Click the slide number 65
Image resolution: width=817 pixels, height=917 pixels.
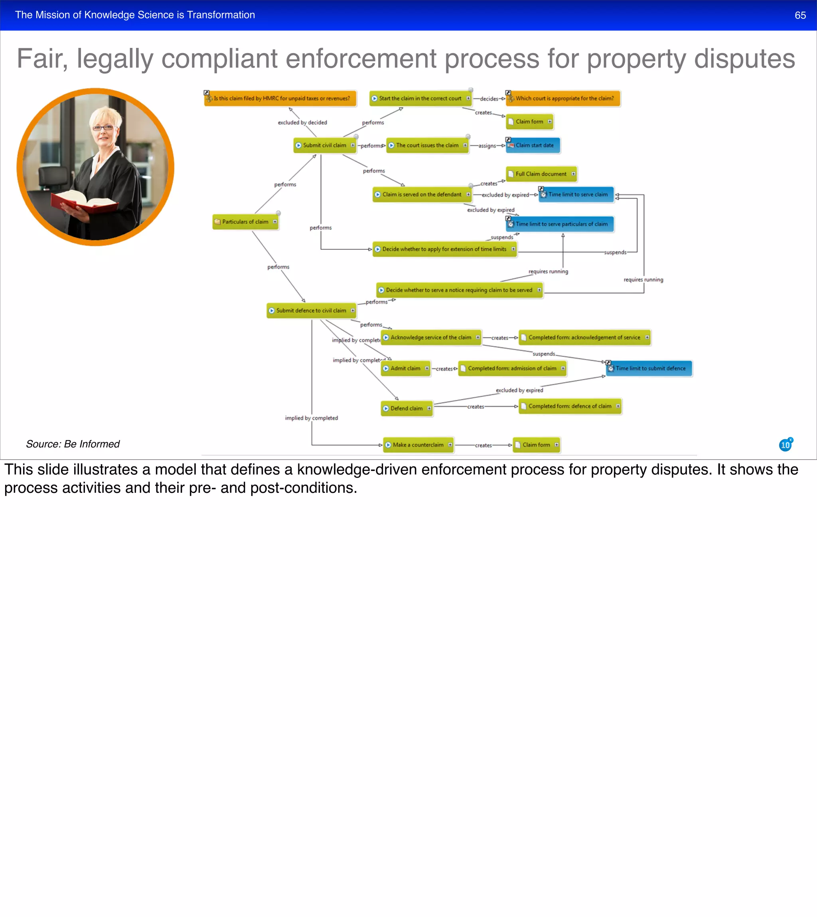800,15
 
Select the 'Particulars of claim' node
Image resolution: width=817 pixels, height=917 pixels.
245,222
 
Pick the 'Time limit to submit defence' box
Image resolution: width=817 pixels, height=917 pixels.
649,369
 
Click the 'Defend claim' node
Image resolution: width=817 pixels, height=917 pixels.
406,409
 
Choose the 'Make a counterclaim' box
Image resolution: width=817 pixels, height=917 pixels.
418,445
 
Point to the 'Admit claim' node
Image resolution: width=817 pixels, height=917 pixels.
405,369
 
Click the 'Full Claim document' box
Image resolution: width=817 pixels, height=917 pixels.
541,174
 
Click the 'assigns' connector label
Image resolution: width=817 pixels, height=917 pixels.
487,146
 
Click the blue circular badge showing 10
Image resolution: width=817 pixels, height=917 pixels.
785,445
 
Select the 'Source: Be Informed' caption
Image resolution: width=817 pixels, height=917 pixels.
73,444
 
